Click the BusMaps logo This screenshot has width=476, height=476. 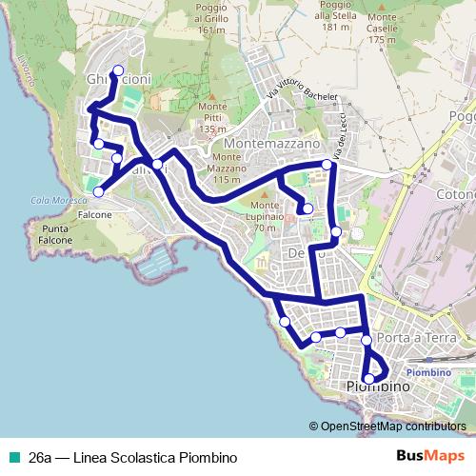[431, 456]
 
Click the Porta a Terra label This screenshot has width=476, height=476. [412, 339]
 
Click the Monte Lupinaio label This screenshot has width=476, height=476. [271, 211]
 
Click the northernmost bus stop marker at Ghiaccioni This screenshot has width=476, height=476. [118, 69]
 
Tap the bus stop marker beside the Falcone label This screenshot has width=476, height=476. [97, 193]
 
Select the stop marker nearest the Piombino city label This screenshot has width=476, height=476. [369, 378]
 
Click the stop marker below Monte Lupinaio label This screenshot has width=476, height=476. [307, 208]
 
